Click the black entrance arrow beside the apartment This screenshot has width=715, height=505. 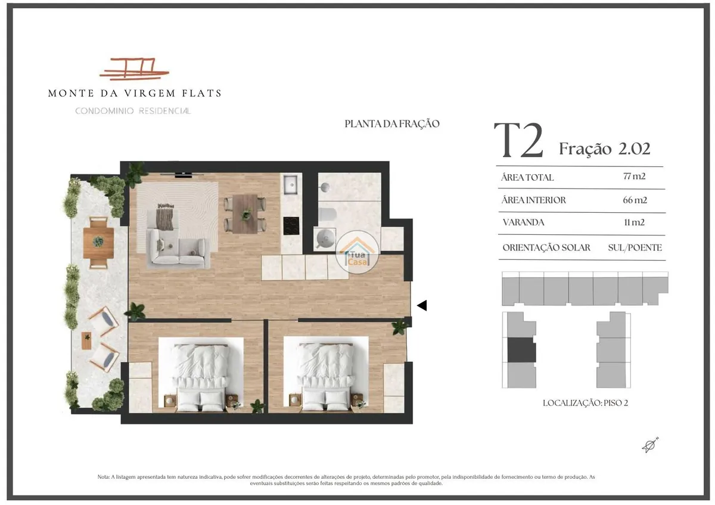pyautogui.click(x=422, y=305)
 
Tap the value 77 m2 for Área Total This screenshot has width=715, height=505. pyautogui.click(x=634, y=176)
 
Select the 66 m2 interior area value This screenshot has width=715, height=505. pyautogui.click(x=635, y=200)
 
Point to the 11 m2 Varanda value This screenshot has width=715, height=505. pyautogui.click(x=634, y=222)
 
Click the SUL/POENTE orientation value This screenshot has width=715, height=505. pyautogui.click(x=635, y=247)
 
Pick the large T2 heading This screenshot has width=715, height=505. pyautogui.click(x=518, y=140)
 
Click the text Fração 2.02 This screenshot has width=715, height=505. pyautogui.click(x=605, y=148)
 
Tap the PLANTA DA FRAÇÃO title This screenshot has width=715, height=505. pyautogui.click(x=392, y=123)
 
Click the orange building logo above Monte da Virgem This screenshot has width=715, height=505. pyautogui.click(x=134, y=69)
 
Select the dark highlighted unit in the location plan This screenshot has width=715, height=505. pyautogui.click(x=521, y=350)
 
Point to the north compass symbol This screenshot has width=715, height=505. pyautogui.click(x=650, y=445)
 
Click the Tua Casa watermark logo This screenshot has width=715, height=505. pyautogui.click(x=357, y=252)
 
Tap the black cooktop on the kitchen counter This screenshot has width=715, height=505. pyautogui.click(x=291, y=226)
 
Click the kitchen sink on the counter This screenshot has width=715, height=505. pyautogui.click(x=291, y=184)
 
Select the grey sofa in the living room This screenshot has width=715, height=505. pyautogui.click(x=178, y=248)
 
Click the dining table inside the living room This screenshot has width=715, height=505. pyautogui.click(x=245, y=213)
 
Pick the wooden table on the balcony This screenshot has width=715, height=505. pyautogui.click(x=98, y=243)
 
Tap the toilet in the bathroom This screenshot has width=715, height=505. pyautogui.click(x=327, y=214)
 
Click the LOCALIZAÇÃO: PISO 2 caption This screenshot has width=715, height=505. pyautogui.click(x=585, y=403)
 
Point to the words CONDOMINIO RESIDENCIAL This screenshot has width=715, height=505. pyautogui.click(x=133, y=111)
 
